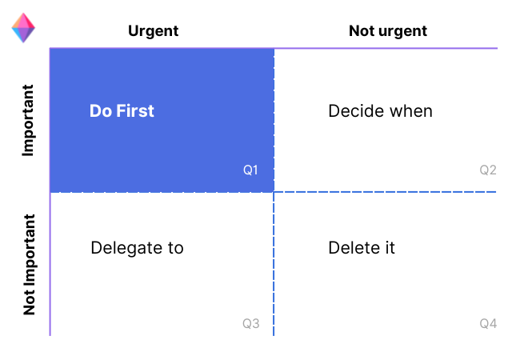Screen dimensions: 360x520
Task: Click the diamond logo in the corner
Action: click(x=23, y=29)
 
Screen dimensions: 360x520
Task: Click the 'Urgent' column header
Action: click(x=153, y=31)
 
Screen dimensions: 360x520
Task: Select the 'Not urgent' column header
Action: click(x=387, y=31)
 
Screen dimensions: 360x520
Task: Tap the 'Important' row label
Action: click(x=29, y=120)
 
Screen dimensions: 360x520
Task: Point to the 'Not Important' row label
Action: click(x=29, y=265)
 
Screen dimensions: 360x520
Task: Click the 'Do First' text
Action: click(x=122, y=111)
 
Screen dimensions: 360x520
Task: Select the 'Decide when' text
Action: click(x=380, y=111)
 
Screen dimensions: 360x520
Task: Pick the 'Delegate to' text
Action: click(x=137, y=248)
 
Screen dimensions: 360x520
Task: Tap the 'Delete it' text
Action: click(x=362, y=248)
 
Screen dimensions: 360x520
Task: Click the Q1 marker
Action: click(x=250, y=170)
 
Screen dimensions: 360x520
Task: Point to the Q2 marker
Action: click(x=488, y=170)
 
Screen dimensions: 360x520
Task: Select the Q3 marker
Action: click(x=250, y=324)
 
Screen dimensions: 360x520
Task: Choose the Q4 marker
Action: click(x=488, y=324)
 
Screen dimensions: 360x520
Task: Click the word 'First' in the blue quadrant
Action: click(x=135, y=111)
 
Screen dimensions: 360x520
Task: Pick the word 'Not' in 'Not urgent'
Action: click(x=361, y=31)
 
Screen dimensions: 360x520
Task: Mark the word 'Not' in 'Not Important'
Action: click(x=29, y=302)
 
